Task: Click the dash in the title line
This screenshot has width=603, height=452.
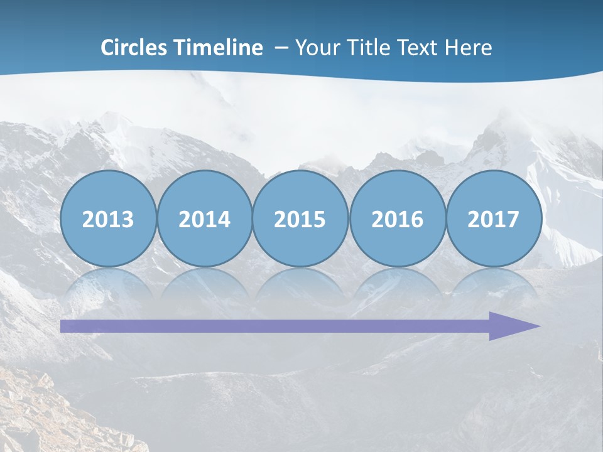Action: coord(282,48)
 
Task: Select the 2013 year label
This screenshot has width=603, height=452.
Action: coord(108,220)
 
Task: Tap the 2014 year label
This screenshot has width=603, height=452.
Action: coord(204,220)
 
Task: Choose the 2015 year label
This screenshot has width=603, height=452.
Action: coord(300,220)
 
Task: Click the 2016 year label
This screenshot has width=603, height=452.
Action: coord(397,220)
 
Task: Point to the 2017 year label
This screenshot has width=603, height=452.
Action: coord(493,220)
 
